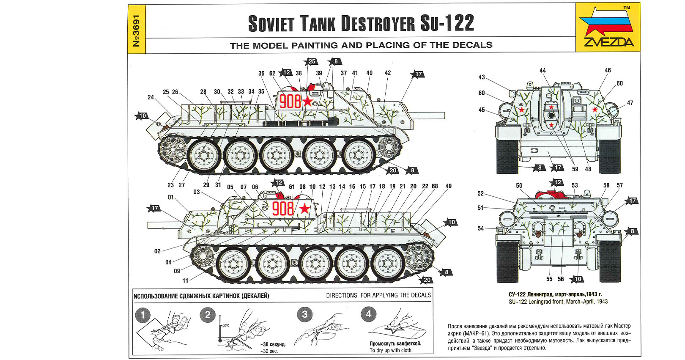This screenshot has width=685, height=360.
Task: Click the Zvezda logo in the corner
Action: point(608,27)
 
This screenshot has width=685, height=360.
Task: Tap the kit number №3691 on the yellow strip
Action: point(137,31)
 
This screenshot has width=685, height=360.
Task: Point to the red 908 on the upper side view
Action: point(290,102)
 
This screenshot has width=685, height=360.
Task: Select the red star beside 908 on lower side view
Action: point(304,209)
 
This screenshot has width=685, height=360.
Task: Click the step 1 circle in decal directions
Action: point(142,315)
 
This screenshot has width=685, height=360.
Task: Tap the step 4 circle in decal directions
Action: point(368,314)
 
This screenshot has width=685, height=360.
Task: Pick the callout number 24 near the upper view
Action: point(151,97)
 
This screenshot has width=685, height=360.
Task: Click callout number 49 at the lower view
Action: point(448,186)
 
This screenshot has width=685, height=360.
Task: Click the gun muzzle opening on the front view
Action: point(551,115)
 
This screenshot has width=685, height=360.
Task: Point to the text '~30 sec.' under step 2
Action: point(269,351)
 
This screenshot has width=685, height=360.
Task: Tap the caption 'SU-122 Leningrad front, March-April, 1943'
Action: point(558,302)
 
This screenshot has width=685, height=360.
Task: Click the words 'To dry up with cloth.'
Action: point(391,350)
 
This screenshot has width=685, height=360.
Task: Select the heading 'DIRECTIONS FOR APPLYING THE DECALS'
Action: point(378,295)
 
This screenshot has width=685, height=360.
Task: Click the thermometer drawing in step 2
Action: point(220,329)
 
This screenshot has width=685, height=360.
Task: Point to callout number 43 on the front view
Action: point(482,77)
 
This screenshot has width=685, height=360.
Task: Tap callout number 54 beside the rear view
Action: point(481,228)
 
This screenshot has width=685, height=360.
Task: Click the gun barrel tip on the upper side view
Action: point(444,115)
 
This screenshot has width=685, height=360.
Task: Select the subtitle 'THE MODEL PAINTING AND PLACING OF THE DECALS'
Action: point(361,45)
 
